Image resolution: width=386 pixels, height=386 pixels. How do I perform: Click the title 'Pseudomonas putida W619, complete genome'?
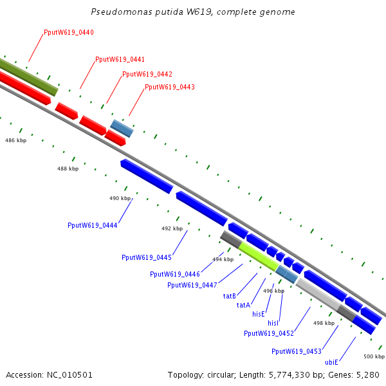coord(193,12)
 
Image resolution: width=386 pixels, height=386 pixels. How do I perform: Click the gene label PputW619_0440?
coord(69,32)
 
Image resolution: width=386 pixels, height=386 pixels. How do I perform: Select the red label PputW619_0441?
coord(120,59)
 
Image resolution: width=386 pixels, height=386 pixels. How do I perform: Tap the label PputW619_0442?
coord(147,74)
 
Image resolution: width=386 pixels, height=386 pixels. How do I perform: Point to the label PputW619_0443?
coord(170,87)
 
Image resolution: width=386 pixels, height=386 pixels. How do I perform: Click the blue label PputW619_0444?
coord(92,225)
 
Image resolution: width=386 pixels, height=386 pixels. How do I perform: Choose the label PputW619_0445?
coord(147,257)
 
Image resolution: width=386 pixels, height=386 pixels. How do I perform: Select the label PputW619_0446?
coord(175,274)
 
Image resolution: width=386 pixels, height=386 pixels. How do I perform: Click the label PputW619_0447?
coord(192,285)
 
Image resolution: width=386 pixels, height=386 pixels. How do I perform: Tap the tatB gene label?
coord(230,297)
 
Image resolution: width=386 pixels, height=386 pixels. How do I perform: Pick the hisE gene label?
coord(259,314)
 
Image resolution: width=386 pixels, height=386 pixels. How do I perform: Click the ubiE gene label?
coord(332,362)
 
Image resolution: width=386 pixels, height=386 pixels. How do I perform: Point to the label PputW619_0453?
coord(297,351)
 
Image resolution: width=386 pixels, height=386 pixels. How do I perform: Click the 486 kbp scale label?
coord(15,140)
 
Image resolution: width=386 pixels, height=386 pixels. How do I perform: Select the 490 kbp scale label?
coord(120,198)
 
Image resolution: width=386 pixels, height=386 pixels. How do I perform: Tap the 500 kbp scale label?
coord(374,356)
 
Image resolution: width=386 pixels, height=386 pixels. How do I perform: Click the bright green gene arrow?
coord(259,255)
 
